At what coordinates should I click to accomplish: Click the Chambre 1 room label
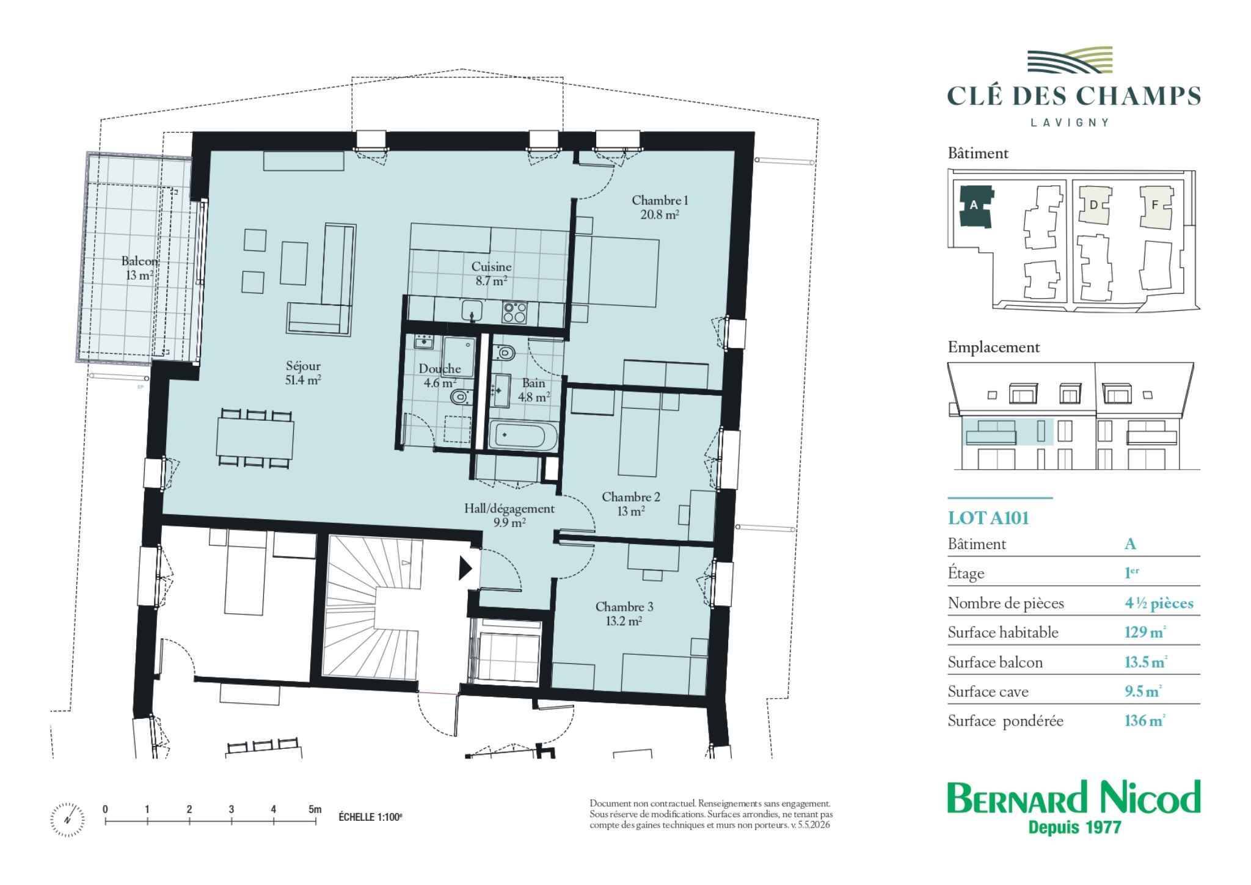pyautogui.click(x=660, y=200)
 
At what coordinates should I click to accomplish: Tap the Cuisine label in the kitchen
pyautogui.click(x=491, y=267)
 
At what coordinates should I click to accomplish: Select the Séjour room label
pyautogui.click(x=303, y=366)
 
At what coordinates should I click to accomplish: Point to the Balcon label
pyautogui.click(x=139, y=261)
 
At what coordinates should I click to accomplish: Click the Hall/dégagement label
pyautogui.click(x=509, y=509)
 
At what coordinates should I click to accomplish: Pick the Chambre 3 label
pyautogui.click(x=624, y=607)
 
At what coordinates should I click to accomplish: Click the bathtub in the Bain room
pyautogui.click(x=523, y=437)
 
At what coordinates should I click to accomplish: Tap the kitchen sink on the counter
pyautogui.click(x=472, y=310)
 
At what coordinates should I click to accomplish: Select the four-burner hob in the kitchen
pyautogui.click(x=514, y=312)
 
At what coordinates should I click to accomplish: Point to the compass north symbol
pyautogui.click(x=67, y=818)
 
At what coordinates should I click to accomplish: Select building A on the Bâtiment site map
pyautogui.click(x=975, y=206)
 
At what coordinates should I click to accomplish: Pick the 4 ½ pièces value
pyautogui.click(x=1159, y=603)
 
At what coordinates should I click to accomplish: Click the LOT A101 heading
pyautogui.click(x=988, y=518)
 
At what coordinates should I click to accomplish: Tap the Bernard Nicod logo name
pyautogui.click(x=1073, y=797)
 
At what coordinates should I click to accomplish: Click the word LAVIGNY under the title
pyautogui.click(x=1070, y=122)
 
